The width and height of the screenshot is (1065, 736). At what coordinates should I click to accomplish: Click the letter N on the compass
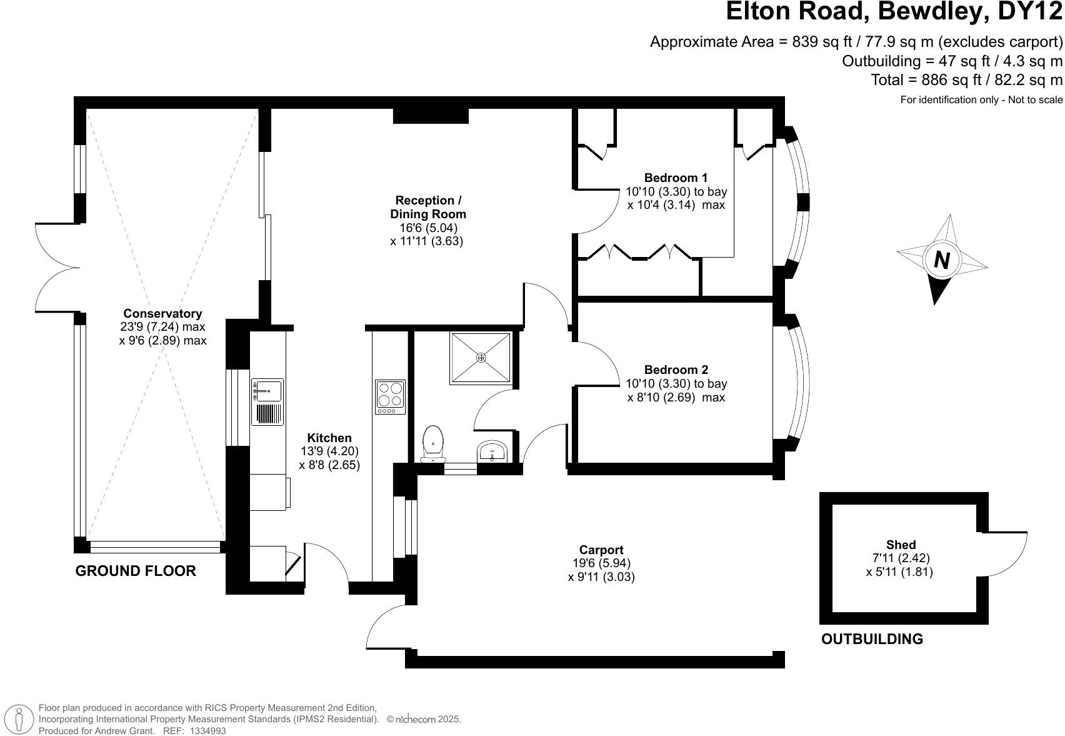click(x=941, y=259)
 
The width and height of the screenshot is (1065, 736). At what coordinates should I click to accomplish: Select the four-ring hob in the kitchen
click(x=390, y=396)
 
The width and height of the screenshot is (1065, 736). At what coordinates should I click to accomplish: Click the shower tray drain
click(x=481, y=358)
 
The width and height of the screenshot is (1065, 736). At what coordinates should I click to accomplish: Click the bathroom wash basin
click(x=494, y=451)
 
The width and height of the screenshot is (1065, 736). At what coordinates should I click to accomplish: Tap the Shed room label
click(x=901, y=545)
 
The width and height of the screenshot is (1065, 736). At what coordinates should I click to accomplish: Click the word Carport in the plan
click(x=601, y=550)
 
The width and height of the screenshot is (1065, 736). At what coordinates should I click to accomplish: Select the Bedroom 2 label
click(x=676, y=370)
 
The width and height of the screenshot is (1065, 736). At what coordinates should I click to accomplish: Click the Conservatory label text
click(x=162, y=313)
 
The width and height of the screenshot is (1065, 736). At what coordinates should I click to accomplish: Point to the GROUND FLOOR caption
click(x=136, y=570)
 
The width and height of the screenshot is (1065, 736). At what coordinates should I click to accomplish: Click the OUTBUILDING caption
click(x=871, y=639)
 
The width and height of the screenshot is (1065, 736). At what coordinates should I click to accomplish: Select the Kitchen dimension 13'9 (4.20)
click(x=329, y=451)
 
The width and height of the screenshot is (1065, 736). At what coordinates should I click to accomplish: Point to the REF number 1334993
click(x=208, y=730)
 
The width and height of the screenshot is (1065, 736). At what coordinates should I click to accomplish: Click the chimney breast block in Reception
click(x=431, y=115)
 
